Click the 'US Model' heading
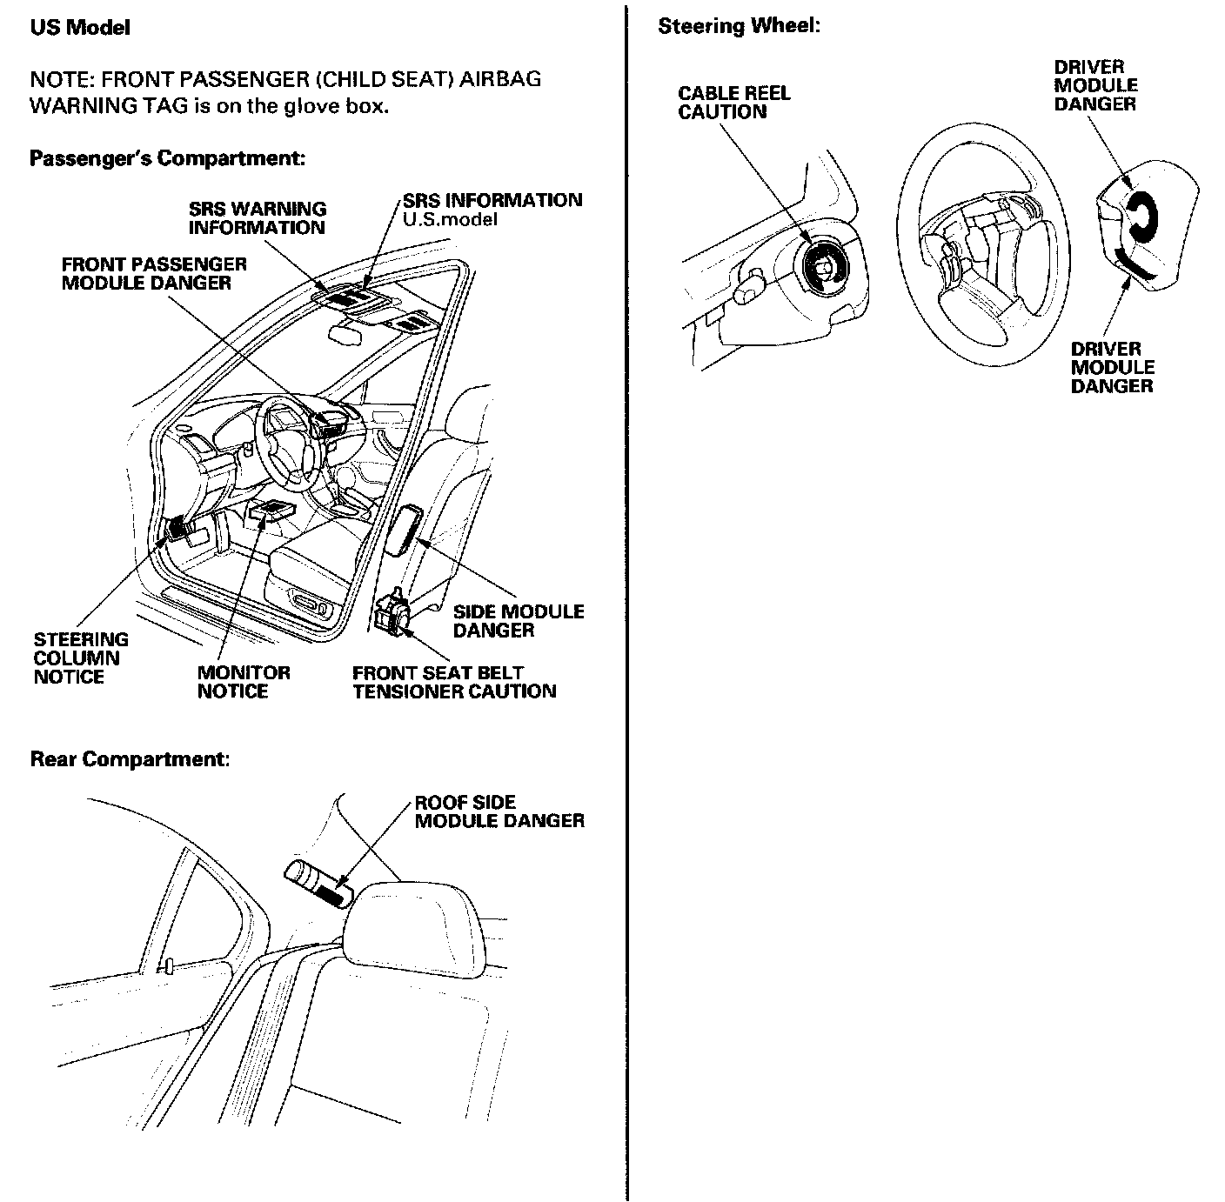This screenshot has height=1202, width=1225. [x=80, y=28]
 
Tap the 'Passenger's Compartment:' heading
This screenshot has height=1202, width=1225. [x=167, y=158]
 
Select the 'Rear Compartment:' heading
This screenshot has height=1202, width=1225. [x=131, y=759]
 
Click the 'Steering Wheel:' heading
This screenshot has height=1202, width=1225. [x=739, y=26]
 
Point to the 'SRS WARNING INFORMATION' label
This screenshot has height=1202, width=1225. [x=258, y=218]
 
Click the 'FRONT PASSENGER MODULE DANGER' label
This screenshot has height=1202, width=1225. [x=154, y=273]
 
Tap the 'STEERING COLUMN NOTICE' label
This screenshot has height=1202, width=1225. [x=81, y=658]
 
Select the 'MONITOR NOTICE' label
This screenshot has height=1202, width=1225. [x=244, y=682]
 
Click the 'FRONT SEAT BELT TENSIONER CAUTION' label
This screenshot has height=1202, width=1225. [x=454, y=682]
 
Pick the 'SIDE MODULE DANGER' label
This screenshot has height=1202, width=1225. [x=518, y=621]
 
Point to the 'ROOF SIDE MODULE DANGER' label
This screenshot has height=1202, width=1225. [x=499, y=811]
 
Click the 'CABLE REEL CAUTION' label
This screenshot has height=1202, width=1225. [x=734, y=103]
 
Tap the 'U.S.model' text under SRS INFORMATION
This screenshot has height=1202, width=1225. [x=450, y=220]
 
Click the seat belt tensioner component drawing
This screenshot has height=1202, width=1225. [x=394, y=611]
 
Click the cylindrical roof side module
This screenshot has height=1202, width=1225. [x=318, y=885]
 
